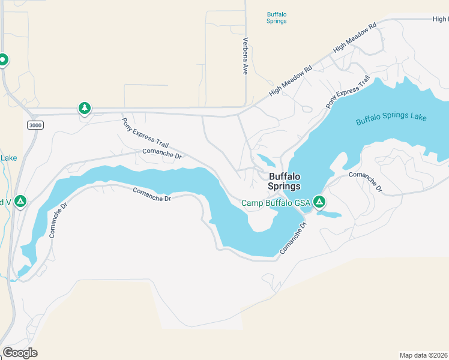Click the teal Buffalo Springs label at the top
[277, 17]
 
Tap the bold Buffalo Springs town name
[284, 181]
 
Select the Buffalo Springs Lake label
[391, 117]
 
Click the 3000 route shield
[35, 124]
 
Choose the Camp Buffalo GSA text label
[276, 203]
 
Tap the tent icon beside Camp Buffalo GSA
[319, 202]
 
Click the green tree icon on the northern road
[85, 109]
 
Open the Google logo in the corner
[20, 353]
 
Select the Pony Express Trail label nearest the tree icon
[146, 133]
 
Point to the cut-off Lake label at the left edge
[8, 158]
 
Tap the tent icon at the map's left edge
[20, 201]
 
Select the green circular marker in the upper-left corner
[3, 59]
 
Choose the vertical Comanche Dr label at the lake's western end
[53, 223]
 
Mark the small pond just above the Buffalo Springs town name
[265, 161]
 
